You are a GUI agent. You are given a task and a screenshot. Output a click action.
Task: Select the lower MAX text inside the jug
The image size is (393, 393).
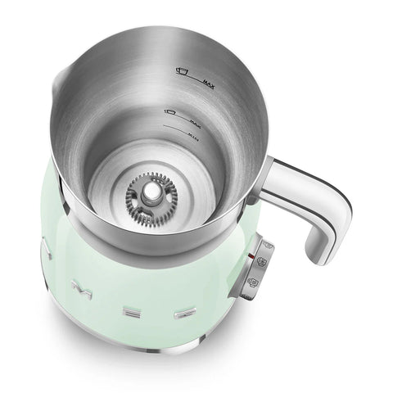pos(196,120)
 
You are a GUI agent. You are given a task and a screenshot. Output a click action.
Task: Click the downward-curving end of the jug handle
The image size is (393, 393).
pos(319,238)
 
